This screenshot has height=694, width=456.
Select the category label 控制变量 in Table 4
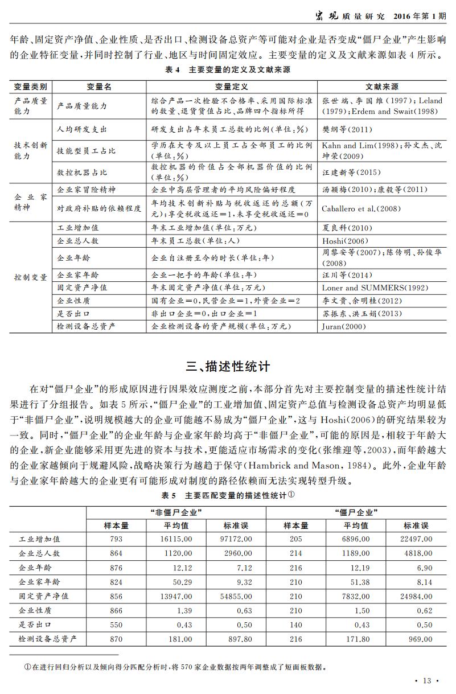(31, 277)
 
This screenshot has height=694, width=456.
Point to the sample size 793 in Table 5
(116, 538)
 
